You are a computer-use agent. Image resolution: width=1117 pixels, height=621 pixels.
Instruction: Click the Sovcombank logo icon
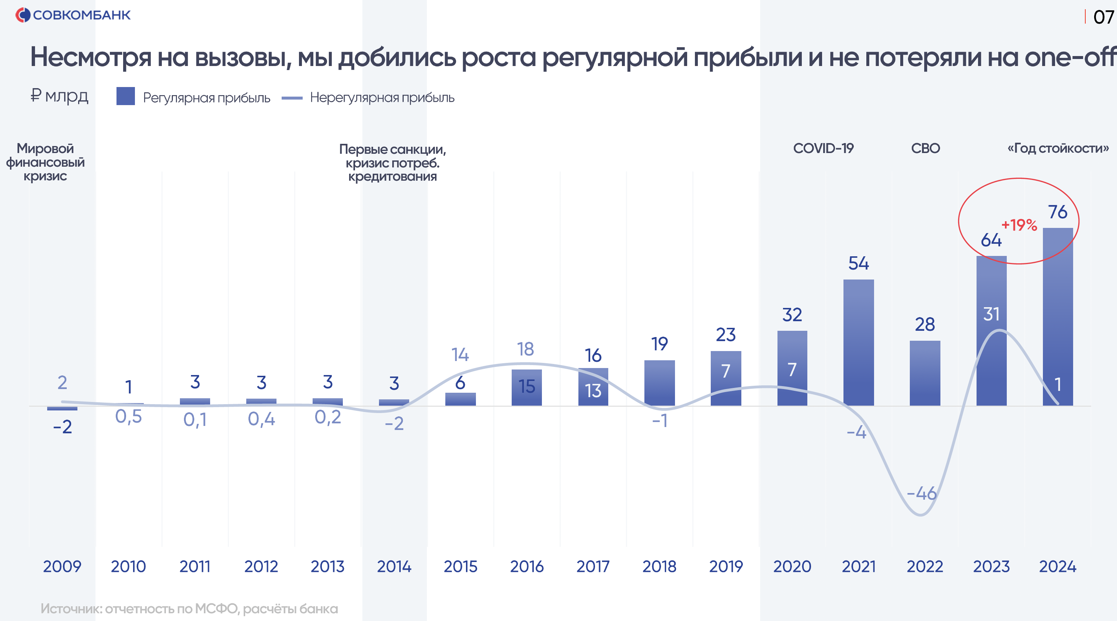[22, 15]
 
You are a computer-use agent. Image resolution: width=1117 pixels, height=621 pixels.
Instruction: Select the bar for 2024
[1057, 316]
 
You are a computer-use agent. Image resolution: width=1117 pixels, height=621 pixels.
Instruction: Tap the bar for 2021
[858, 343]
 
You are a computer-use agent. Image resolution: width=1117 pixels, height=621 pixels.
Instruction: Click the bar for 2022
[925, 373]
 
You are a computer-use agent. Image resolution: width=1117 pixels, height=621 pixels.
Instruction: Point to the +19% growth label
[1019, 225]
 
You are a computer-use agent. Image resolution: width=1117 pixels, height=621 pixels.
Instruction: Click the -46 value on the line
[922, 493]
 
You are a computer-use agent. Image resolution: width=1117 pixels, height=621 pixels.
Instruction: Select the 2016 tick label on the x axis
[526, 566]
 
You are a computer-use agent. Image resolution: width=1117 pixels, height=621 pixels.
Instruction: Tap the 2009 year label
[62, 566]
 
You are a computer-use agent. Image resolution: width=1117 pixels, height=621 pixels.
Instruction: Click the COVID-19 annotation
[823, 148]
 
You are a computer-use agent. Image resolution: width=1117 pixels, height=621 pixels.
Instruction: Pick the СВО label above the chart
[925, 148]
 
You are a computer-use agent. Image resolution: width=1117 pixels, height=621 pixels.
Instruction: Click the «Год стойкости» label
[1058, 148]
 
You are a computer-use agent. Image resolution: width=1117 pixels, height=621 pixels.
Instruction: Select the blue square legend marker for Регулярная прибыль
[125, 96]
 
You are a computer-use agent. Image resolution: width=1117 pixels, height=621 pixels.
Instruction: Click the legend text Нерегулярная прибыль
[382, 98]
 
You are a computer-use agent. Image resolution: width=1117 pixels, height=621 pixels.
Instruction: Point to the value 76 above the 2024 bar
[1057, 212]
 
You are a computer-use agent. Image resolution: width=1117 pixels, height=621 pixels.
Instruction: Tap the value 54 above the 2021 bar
[858, 263]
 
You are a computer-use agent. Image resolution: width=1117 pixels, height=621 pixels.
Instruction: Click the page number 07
[1103, 17]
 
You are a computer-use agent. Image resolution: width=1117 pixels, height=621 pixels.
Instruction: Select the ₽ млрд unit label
[59, 96]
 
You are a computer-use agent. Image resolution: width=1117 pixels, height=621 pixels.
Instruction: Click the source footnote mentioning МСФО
[189, 608]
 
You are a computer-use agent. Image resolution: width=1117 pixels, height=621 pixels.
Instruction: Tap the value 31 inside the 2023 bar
[991, 314]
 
